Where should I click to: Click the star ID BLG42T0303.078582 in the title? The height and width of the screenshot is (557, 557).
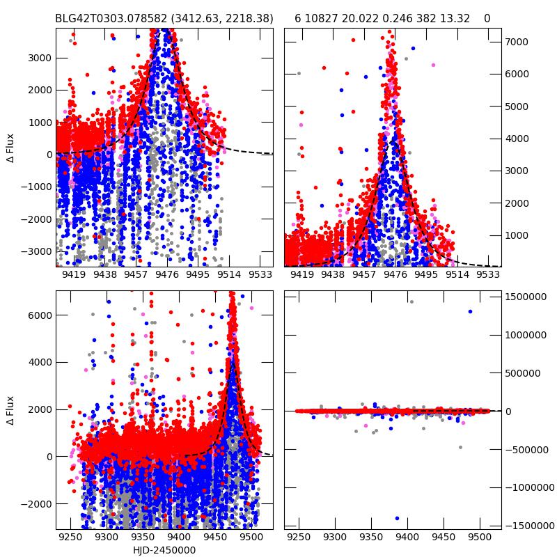(115, 18)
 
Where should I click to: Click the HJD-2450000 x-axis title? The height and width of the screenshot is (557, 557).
(164, 550)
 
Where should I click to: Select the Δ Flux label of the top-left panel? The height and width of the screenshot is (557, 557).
(10, 148)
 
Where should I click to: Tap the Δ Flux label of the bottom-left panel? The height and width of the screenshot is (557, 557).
(10, 411)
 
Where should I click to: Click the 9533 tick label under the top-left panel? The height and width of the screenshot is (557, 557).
(260, 275)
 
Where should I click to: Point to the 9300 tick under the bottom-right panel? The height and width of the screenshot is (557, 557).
(335, 538)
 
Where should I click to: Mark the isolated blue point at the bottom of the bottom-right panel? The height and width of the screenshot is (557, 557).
(397, 518)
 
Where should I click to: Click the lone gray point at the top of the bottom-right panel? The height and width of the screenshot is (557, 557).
(411, 301)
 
